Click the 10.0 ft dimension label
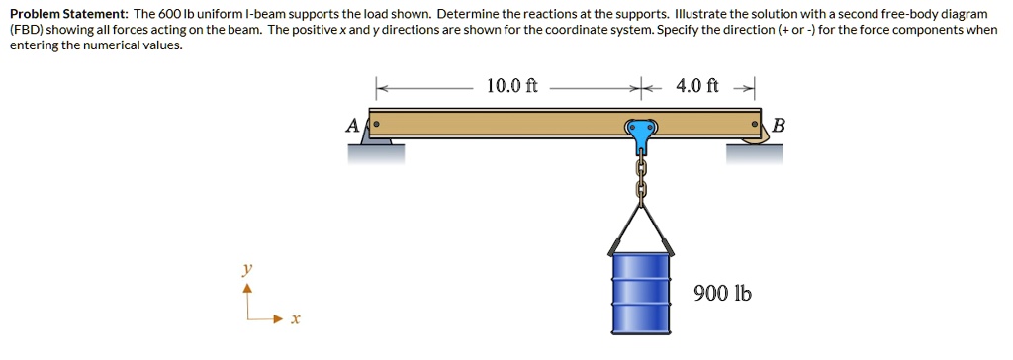511,86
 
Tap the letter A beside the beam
351,125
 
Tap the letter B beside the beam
778,126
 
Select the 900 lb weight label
722,293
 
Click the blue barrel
640,291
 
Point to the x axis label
295,319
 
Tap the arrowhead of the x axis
280,318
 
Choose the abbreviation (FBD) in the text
28,30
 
